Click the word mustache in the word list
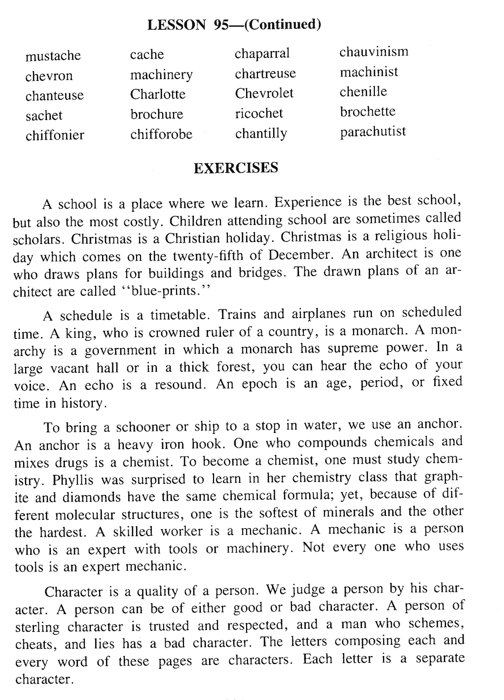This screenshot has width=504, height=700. [x=53, y=56]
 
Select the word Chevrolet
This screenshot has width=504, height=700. [x=264, y=93]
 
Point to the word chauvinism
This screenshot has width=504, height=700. [x=373, y=52]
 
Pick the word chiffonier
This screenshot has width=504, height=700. [x=55, y=135]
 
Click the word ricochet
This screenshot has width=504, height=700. [x=259, y=114]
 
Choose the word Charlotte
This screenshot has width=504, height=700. [x=158, y=94]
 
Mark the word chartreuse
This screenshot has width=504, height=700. [x=265, y=74]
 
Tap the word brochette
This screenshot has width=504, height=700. [x=367, y=112]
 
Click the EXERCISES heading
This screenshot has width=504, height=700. [x=236, y=168]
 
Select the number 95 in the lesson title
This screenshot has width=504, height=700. [x=220, y=25]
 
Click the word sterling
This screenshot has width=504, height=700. [x=37, y=627]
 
